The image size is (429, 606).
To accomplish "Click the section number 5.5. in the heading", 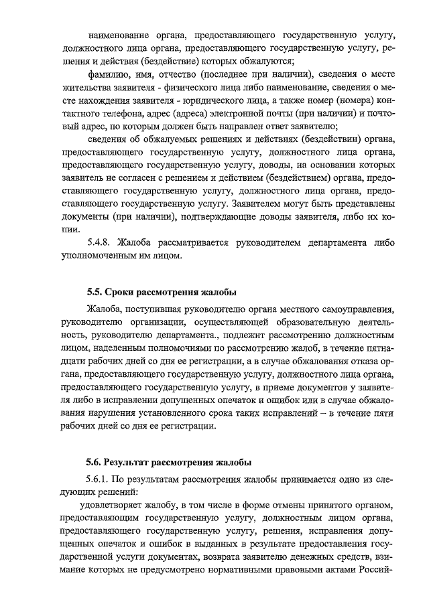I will [97, 293].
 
